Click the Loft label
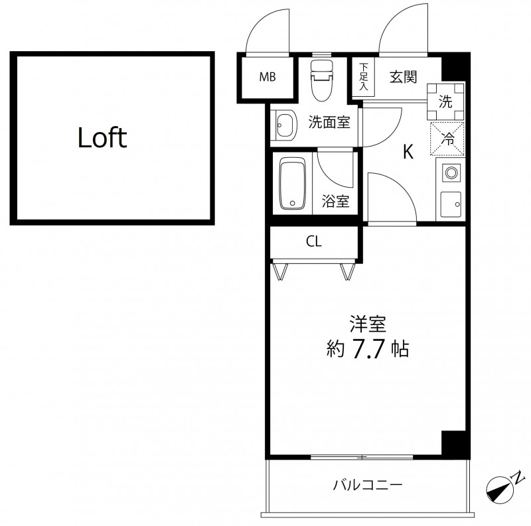(x=102, y=138)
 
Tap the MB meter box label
(x=267, y=77)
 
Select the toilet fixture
(x=322, y=80)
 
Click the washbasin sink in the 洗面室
(x=285, y=125)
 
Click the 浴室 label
(x=335, y=201)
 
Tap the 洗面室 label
(x=329, y=122)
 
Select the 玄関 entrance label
(x=403, y=77)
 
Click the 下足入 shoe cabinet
(x=363, y=77)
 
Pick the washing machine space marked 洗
(x=445, y=101)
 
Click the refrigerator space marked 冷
(x=447, y=139)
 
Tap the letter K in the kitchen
(x=408, y=152)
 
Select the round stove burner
(x=451, y=173)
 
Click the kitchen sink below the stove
(x=451, y=204)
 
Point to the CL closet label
(x=313, y=241)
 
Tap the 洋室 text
(x=368, y=324)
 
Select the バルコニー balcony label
(x=368, y=485)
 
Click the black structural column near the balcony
(x=455, y=444)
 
